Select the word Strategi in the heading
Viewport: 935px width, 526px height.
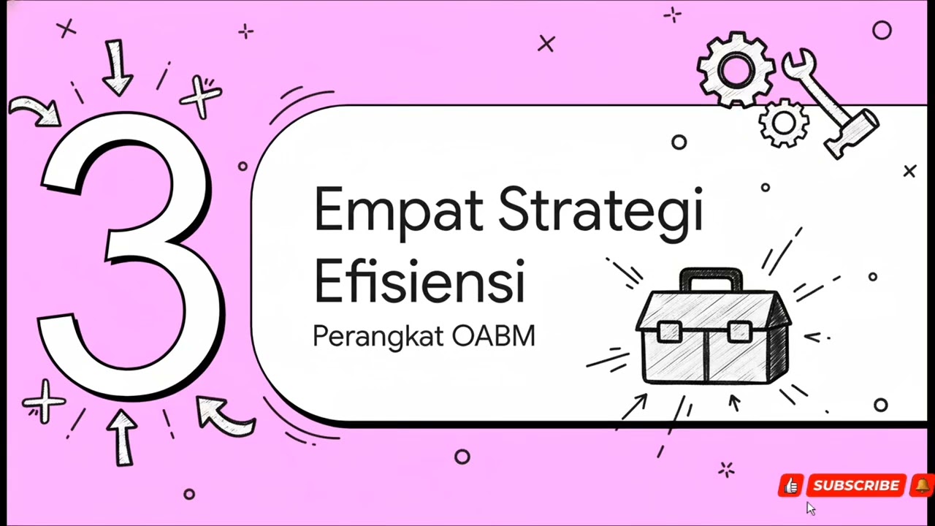600,210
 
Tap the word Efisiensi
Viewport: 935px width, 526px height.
419,281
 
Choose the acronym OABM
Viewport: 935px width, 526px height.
494,336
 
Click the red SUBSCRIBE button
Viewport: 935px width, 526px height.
856,486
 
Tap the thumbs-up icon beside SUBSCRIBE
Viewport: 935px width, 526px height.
791,486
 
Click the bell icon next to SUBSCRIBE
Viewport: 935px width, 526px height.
922,485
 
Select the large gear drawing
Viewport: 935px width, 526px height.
735,70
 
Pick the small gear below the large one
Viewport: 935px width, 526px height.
783,123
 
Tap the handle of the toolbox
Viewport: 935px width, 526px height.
710,278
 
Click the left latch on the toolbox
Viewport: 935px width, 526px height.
669,332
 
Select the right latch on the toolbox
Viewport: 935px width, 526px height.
739,332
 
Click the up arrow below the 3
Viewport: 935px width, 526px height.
123,436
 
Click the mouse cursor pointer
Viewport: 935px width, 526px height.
810,508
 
